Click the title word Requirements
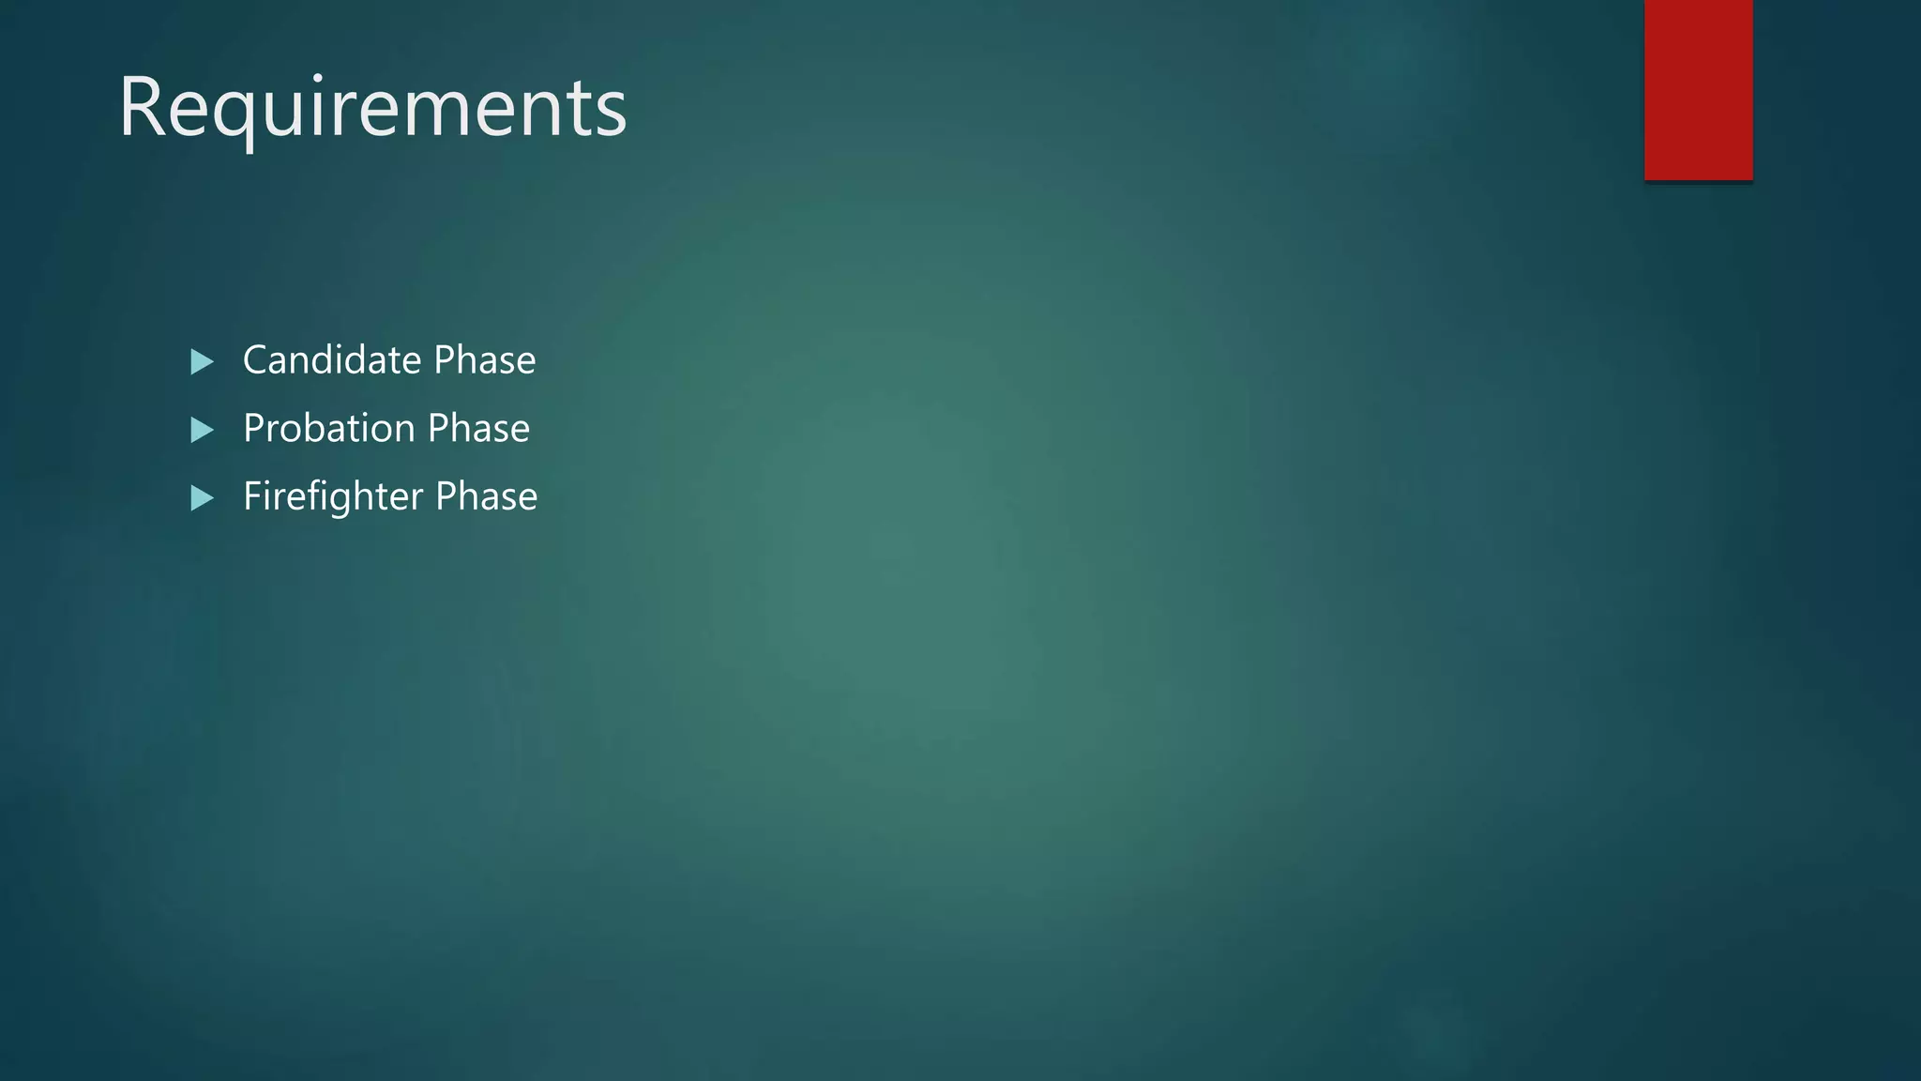[x=372, y=107]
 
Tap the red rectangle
[x=1698, y=89]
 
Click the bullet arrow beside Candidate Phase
[x=202, y=361]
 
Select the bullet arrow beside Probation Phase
[x=202, y=430]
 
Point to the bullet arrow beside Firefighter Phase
[x=202, y=497]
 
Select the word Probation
[x=328, y=429]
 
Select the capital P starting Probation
[x=254, y=429]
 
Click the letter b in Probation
[x=336, y=429]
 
